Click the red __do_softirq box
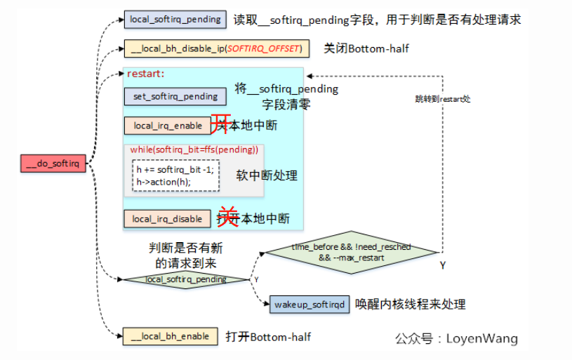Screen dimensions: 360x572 point(53,164)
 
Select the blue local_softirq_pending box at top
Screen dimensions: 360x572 point(175,19)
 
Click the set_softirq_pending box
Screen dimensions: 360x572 point(175,96)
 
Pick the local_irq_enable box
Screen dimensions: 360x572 point(168,126)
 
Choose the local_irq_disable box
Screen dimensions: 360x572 point(167,219)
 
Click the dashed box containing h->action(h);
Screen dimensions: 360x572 point(175,175)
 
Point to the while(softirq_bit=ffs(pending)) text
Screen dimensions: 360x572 point(194,149)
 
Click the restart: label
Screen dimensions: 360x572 point(145,73)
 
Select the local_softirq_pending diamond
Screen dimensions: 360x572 point(186,279)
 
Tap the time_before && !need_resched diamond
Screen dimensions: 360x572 point(351,253)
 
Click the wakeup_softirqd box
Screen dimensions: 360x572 point(310,305)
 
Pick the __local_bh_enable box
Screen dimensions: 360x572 point(170,336)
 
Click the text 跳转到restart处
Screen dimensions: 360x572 point(442,99)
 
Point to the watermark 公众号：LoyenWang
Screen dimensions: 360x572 point(456,339)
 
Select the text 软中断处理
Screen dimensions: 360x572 point(267,175)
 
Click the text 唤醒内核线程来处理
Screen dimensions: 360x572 point(411,305)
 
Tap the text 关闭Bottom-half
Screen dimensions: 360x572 point(366,48)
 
